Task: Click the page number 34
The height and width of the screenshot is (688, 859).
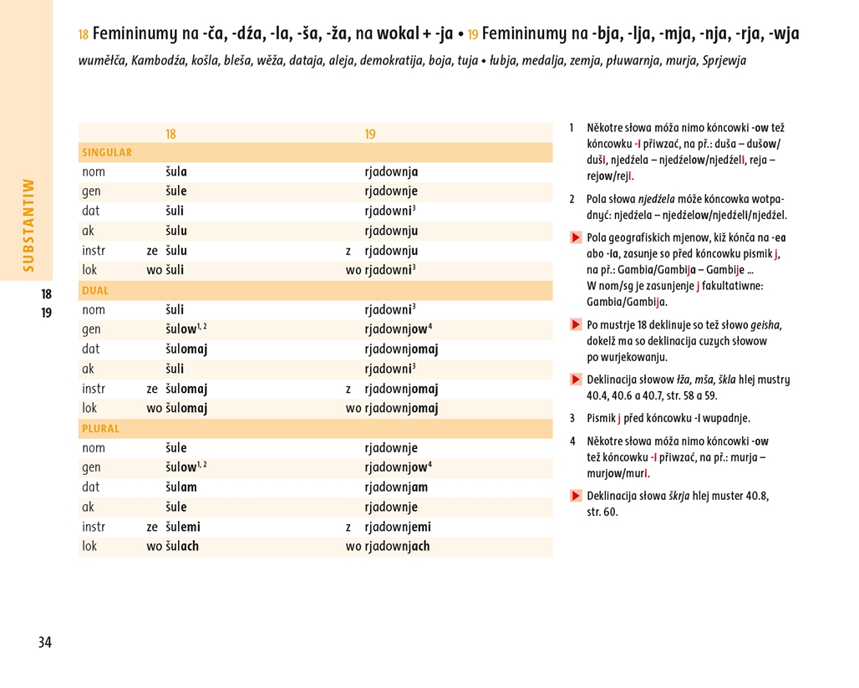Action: pyautogui.click(x=45, y=642)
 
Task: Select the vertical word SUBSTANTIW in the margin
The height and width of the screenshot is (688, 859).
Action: pyautogui.click(x=28, y=224)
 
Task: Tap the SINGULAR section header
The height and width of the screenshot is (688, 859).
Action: pyautogui.click(x=107, y=153)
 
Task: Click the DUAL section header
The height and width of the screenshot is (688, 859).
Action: pyautogui.click(x=95, y=291)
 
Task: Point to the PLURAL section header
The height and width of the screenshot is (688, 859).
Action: pyautogui.click(x=101, y=429)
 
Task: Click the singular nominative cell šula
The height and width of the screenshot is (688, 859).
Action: pyautogui.click(x=176, y=172)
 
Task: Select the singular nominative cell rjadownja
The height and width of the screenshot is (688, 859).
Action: pyautogui.click(x=391, y=172)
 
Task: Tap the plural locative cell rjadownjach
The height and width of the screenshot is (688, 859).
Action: pyautogui.click(x=398, y=547)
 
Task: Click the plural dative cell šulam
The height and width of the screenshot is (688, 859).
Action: pyautogui.click(x=181, y=487)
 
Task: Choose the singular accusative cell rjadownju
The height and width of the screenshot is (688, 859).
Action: pyautogui.click(x=391, y=232)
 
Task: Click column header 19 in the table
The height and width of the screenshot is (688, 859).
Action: pyautogui.click(x=370, y=134)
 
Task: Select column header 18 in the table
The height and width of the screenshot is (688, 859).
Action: pyautogui.click(x=170, y=134)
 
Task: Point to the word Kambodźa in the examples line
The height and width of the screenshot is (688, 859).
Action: pyautogui.click(x=157, y=61)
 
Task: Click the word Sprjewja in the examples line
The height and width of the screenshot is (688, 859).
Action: pyautogui.click(x=724, y=61)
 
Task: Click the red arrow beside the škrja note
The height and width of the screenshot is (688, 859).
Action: pyautogui.click(x=576, y=496)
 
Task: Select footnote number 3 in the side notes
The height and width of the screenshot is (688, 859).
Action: pyautogui.click(x=572, y=418)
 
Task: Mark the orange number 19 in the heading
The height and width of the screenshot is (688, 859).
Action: pyautogui.click(x=473, y=35)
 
